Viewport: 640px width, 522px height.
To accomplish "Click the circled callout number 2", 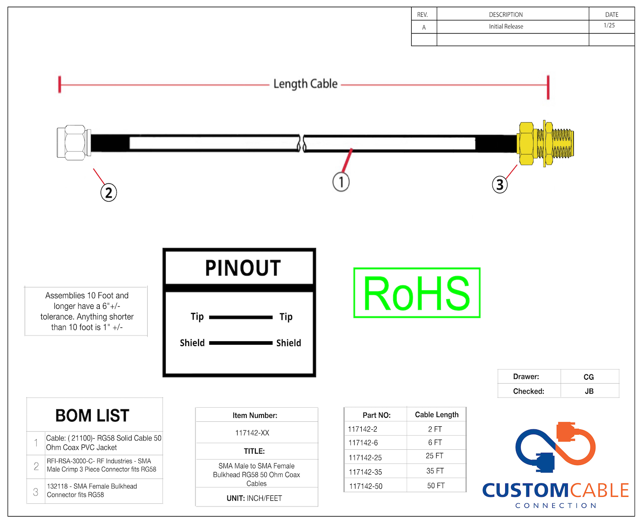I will (109, 193).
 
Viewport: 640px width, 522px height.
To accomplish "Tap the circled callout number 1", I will (341, 182).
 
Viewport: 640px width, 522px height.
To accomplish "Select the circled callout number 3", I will (500, 184).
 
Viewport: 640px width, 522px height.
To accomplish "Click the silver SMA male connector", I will (74, 142).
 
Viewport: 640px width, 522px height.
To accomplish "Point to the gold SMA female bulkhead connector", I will (545, 143).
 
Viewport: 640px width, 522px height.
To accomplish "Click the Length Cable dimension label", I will (305, 84).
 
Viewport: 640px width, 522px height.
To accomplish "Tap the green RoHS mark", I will (417, 293).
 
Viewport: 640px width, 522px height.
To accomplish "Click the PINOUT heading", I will (243, 268).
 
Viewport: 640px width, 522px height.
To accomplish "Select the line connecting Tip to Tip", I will (241, 317).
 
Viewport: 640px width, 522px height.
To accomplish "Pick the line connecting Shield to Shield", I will (241, 343).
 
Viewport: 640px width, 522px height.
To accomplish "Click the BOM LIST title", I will (92, 416).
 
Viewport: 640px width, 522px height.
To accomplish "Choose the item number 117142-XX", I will (252, 433).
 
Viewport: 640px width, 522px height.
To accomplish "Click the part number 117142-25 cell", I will (365, 457).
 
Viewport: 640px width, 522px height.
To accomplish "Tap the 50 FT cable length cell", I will (436, 486).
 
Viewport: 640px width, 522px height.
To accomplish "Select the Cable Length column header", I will (437, 415).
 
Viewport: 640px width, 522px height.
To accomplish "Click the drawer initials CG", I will (589, 377).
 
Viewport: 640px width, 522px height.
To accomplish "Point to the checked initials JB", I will (589, 391).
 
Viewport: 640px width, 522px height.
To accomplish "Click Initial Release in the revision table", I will (506, 27).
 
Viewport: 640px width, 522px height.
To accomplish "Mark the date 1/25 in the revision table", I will (609, 26).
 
